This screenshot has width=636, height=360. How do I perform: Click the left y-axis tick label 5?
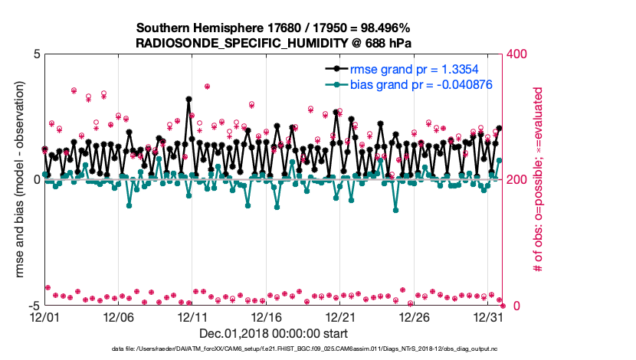[x=36, y=54]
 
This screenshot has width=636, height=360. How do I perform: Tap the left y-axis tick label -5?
[x=34, y=305]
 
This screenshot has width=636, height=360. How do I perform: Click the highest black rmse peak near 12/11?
[x=189, y=99]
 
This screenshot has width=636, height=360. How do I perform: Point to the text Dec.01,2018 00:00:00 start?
[x=272, y=333]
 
